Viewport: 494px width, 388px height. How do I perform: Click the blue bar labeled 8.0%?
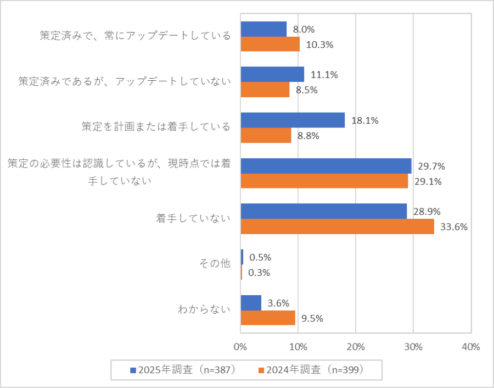[263, 29]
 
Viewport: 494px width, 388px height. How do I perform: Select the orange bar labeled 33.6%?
[337, 226]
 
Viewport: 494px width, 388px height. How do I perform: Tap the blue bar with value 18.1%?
[293, 120]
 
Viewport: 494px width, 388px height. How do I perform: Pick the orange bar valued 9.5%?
[268, 318]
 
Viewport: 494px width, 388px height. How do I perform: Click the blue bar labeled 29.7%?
[325, 166]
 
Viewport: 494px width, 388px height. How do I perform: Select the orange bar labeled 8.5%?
[265, 90]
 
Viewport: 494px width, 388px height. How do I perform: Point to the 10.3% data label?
[319, 45]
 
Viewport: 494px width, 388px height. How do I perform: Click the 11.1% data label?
[324, 75]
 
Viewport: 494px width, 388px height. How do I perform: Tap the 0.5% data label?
[260, 257]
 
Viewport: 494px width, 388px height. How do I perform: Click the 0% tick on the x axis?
[240, 347]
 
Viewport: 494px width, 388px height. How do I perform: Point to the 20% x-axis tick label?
[355, 347]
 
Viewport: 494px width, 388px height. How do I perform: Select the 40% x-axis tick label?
[471, 347]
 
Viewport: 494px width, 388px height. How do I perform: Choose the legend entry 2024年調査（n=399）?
[315, 370]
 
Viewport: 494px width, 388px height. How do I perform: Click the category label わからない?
[204, 309]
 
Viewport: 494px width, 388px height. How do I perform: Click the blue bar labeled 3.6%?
[251, 303]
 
